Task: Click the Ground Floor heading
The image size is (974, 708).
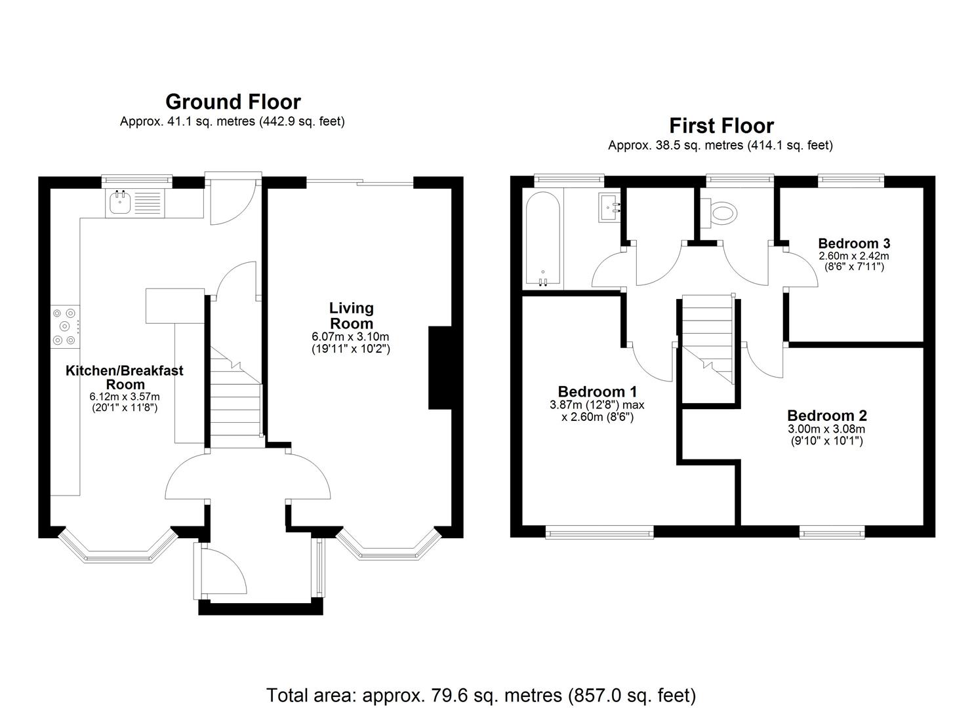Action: coord(233,102)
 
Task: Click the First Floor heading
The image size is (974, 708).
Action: coord(721,126)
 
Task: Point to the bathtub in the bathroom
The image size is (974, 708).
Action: coord(542,240)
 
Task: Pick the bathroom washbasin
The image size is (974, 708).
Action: coord(610,208)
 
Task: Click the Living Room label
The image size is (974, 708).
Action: coord(351,315)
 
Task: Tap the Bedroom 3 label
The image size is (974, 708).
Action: coord(853,244)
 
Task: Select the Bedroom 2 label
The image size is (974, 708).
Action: coord(826,416)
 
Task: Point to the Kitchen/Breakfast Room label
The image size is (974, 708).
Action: coord(125,377)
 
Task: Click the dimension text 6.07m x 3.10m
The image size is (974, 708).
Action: coord(350,337)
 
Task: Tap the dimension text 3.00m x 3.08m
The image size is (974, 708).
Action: coord(826,429)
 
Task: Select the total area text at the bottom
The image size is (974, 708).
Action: coord(481,695)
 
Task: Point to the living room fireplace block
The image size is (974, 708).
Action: coord(439,367)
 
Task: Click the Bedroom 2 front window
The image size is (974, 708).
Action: coord(832,533)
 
